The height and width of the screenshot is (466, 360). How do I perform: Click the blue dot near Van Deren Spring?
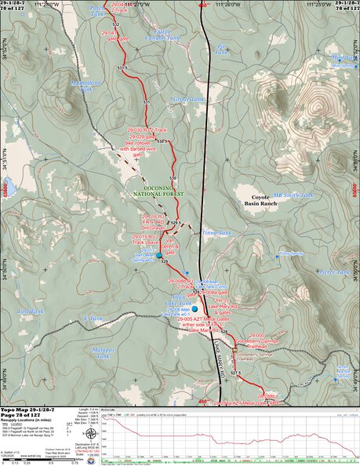[x=158, y=255]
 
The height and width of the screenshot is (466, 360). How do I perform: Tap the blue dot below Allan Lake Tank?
[x=195, y=309]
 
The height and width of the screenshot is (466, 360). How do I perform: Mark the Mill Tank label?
[x=341, y=60]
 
